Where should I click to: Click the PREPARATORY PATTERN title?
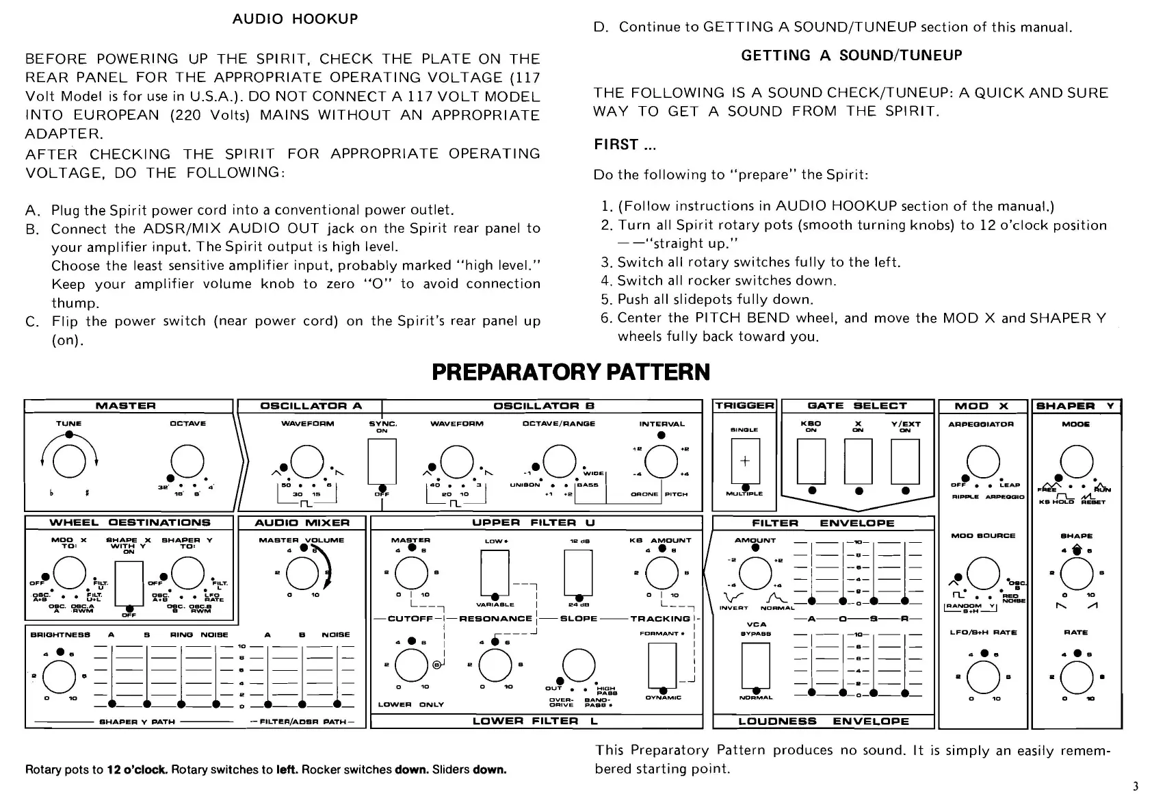pyautogui.click(x=571, y=372)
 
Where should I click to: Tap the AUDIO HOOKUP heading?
pyautogui.click(x=295, y=18)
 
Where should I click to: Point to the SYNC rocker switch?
pyautogui.click(x=382, y=461)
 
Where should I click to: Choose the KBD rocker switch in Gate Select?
pyautogui.click(x=811, y=461)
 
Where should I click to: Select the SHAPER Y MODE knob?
pyautogui.click(x=1076, y=461)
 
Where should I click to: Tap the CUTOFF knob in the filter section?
pyautogui.click(x=411, y=665)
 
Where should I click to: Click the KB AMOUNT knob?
pyautogui.click(x=661, y=574)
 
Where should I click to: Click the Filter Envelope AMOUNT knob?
pyautogui.click(x=755, y=574)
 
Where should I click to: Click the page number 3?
pyautogui.click(x=1136, y=786)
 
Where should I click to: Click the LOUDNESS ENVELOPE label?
pyautogui.click(x=824, y=721)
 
